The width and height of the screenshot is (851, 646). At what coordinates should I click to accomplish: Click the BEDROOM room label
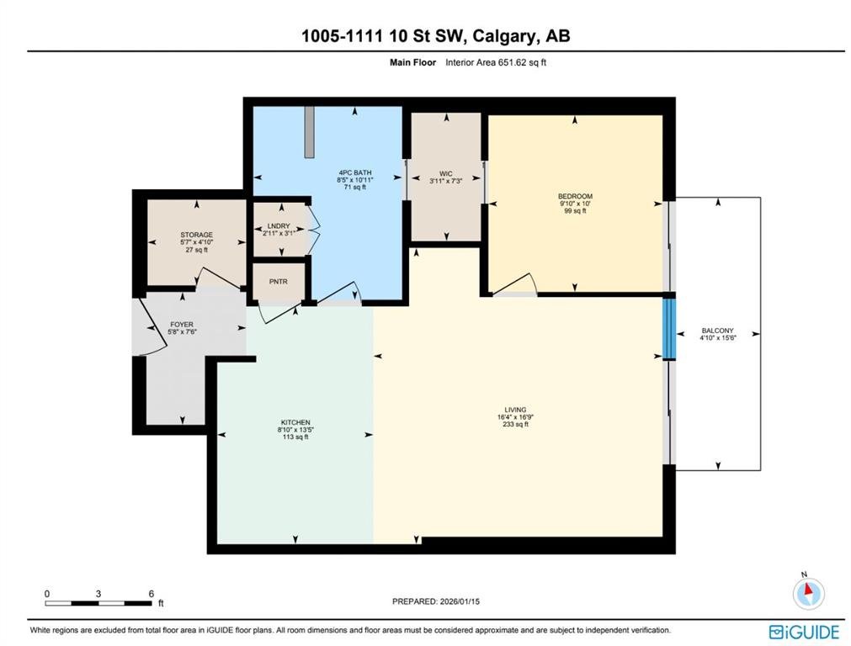click(x=575, y=196)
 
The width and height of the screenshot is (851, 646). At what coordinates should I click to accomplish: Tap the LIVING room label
click(x=515, y=410)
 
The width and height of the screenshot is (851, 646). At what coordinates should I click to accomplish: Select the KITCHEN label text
click(x=295, y=422)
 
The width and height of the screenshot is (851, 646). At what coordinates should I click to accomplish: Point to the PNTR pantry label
click(x=279, y=282)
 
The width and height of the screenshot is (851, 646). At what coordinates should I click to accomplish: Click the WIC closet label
click(x=446, y=174)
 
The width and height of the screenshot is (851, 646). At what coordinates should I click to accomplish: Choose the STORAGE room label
click(x=196, y=235)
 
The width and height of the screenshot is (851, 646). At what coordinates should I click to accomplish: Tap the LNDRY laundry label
click(x=279, y=226)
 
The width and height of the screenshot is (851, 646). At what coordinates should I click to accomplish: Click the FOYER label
click(x=182, y=325)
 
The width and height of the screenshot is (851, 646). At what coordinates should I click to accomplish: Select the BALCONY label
click(x=717, y=331)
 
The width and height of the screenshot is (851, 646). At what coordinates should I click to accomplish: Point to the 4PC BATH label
click(x=355, y=173)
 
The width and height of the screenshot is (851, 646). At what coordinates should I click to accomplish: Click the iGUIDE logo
click(x=805, y=632)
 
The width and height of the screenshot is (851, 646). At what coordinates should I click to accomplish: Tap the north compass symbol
click(x=809, y=592)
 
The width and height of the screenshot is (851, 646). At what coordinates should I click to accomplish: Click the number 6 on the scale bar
click(x=152, y=594)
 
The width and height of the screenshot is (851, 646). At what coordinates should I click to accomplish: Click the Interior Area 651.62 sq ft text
click(x=496, y=62)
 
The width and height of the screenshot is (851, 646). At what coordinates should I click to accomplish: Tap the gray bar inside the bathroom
click(x=310, y=132)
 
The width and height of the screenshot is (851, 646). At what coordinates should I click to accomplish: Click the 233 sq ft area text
click(x=515, y=425)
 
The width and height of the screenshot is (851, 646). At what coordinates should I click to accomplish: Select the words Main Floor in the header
click(x=413, y=62)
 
